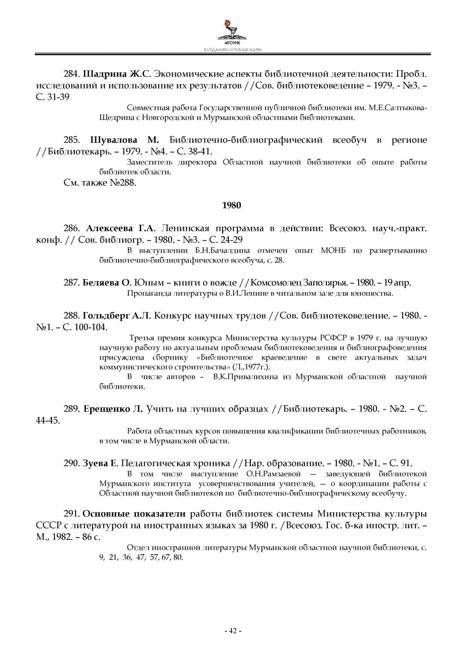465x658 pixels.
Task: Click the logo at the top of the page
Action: tap(232, 30)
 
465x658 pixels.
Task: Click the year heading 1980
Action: tap(232, 205)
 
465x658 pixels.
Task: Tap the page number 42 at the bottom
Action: tap(232, 631)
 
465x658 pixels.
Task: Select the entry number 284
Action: tap(72, 73)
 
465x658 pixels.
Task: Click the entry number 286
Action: tap(72, 229)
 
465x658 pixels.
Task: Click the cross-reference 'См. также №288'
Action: tap(100, 183)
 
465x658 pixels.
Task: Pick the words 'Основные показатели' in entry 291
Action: tap(135, 513)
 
